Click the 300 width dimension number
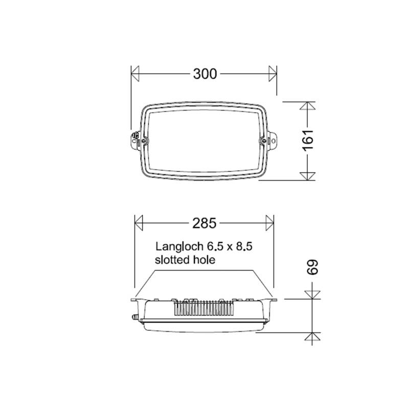pos(204,74)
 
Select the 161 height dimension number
pos(307,140)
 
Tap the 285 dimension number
pos(204,223)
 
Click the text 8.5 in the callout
pos(244,246)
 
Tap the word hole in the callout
pos(203,260)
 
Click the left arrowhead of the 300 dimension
pos(135,74)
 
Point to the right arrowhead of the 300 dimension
pos(272,74)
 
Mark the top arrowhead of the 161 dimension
pos(306,107)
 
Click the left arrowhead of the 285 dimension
pos(138,223)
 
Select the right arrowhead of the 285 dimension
pos(269,223)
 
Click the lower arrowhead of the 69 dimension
pos(312,336)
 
